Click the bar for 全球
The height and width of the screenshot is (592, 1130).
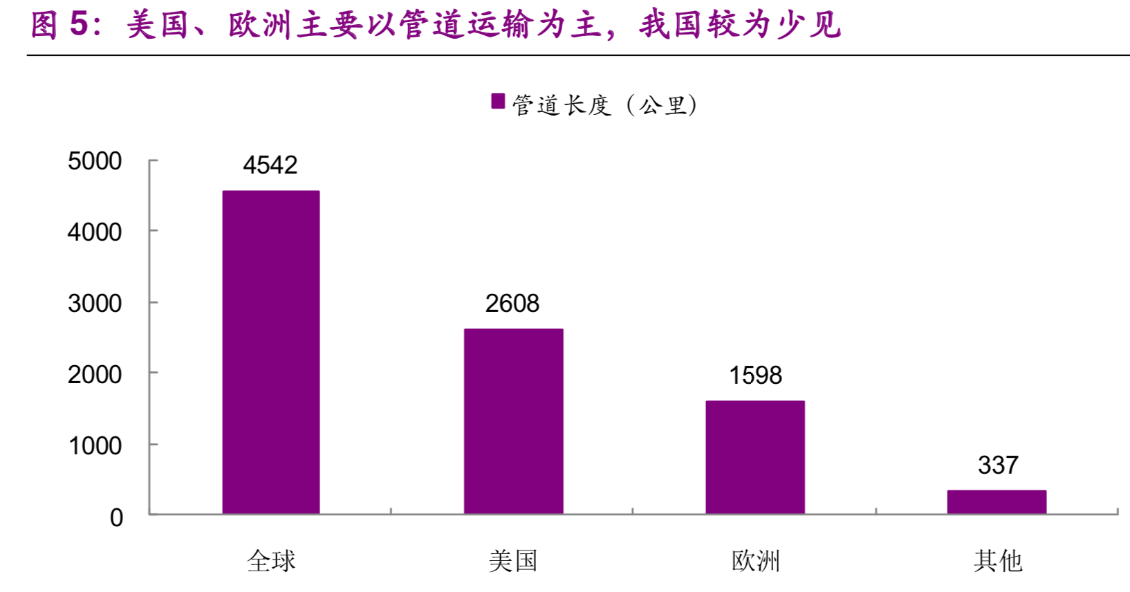(x=271, y=352)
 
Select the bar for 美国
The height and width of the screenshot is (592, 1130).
(x=513, y=421)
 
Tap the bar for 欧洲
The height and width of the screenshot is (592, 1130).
(x=755, y=457)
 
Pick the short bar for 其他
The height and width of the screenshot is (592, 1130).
(x=997, y=502)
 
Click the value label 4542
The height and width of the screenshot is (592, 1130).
(x=270, y=165)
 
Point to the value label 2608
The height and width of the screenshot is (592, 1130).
(x=512, y=304)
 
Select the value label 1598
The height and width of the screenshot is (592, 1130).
(x=755, y=376)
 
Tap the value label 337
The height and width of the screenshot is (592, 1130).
(x=998, y=465)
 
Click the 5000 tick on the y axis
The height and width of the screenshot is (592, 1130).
(x=95, y=161)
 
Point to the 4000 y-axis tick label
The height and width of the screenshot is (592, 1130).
(x=95, y=232)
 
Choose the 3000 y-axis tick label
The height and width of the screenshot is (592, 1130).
(x=95, y=304)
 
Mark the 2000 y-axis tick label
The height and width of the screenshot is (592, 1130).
(x=95, y=375)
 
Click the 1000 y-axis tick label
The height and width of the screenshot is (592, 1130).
(x=95, y=446)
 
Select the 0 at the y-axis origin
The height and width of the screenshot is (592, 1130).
(x=116, y=518)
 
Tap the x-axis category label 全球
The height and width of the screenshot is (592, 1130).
(x=271, y=561)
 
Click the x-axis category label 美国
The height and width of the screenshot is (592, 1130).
(x=513, y=561)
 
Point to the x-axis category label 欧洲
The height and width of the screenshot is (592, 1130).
(x=755, y=561)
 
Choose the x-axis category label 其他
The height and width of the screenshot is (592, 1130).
(x=997, y=561)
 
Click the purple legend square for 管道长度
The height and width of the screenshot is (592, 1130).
(x=498, y=102)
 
